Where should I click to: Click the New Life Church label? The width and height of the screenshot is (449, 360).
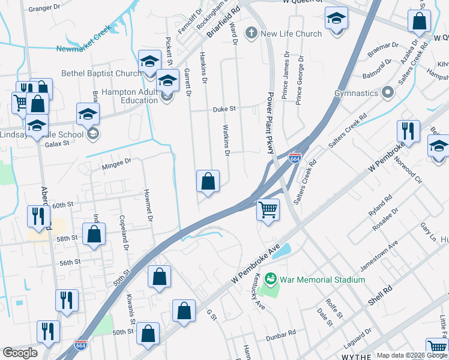[291, 34]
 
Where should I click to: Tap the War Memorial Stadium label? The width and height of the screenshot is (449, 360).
[322, 280]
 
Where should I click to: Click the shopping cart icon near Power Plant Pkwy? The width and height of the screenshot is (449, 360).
[268, 211]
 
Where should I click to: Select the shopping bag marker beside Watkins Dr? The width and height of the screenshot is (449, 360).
[208, 181]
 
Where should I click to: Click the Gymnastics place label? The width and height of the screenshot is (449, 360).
[356, 94]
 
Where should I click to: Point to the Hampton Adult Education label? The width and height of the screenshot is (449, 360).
[130, 96]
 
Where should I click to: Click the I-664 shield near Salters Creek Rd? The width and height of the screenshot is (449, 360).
[295, 158]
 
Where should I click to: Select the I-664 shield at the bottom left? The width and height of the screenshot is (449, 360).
[80, 345]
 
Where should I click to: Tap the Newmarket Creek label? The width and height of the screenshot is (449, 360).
[84, 39]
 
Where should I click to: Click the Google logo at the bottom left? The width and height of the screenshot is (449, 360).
[20, 353]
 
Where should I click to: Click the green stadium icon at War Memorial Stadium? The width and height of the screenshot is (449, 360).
[271, 278]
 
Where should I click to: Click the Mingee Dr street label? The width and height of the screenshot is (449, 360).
[116, 163]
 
